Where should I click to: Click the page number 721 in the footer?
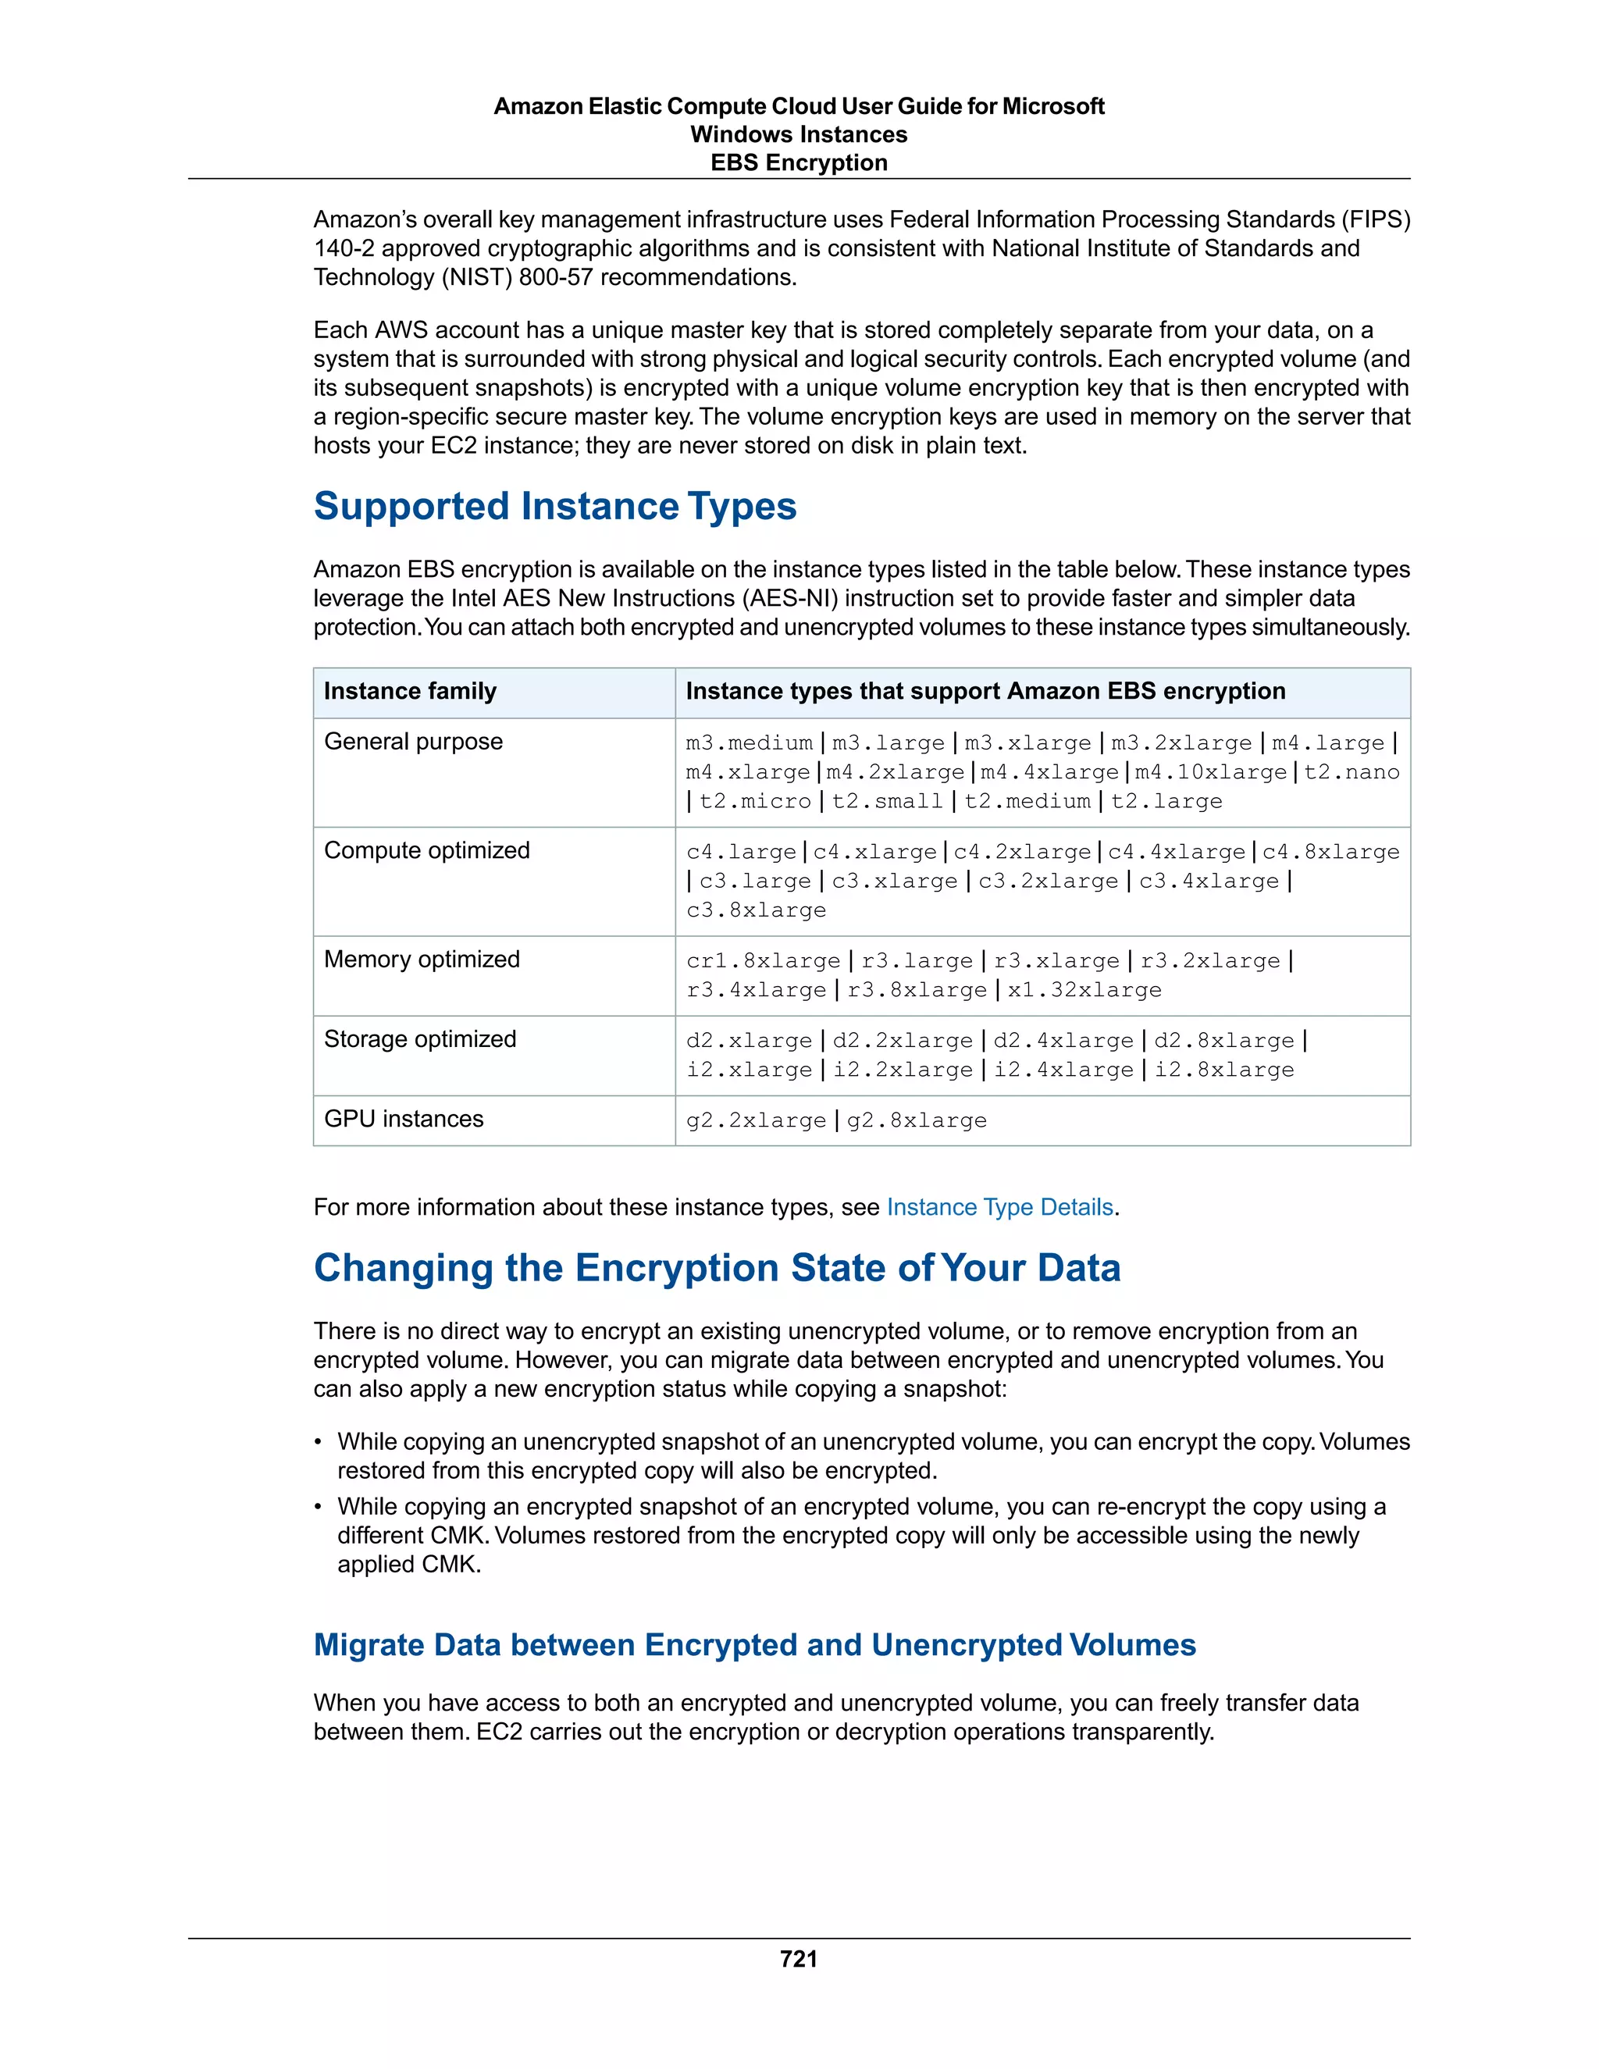tap(799, 1959)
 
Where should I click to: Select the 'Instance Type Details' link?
tap(999, 1207)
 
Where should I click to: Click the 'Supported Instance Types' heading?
tap(555, 506)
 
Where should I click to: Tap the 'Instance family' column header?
tap(410, 691)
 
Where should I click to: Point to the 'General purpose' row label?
tap(413, 741)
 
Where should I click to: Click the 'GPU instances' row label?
tap(404, 1119)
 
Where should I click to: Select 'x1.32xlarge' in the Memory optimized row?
tap(1084, 990)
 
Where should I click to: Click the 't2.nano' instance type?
tap(1351, 772)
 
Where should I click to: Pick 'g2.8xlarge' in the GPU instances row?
tap(916, 1120)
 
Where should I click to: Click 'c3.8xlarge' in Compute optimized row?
tap(756, 910)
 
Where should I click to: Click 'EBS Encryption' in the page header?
tap(799, 163)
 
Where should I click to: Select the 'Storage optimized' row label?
tap(419, 1039)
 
